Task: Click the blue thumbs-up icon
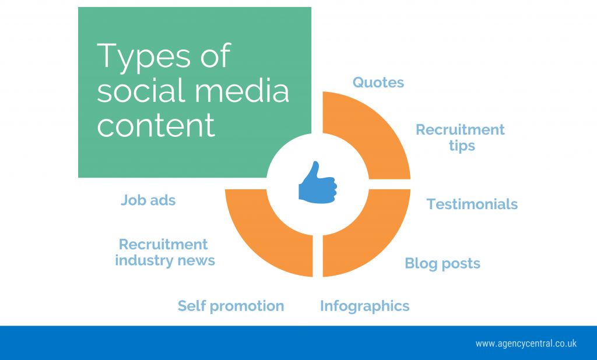pyautogui.click(x=318, y=183)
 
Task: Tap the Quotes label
pyautogui.click(x=378, y=83)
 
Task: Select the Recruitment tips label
pyautogui.click(x=461, y=137)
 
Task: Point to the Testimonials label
pyautogui.click(x=472, y=204)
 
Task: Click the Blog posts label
pyautogui.click(x=443, y=264)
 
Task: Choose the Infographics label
pyautogui.click(x=365, y=306)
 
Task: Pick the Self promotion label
pyautogui.click(x=231, y=306)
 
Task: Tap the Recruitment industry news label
pyautogui.click(x=165, y=252)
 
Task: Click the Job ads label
pyautogui.click(x=148, y=200)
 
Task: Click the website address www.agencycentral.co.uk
pyautogui.click(x=526, y=344)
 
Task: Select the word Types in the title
pyautogui.click(x=143, y=57)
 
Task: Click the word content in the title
pyautogui.click(x=156, y=125)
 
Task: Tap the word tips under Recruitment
pyautogui.click(x=462, y=146)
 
